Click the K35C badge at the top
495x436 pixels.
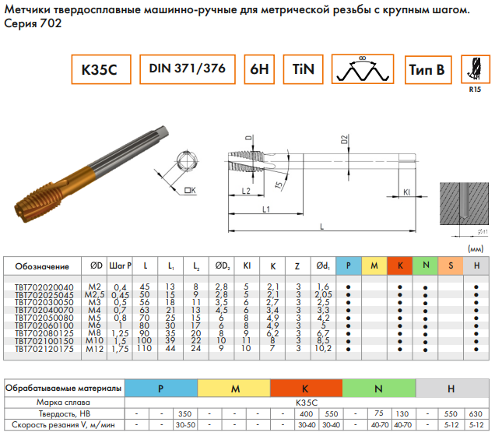[99, 70]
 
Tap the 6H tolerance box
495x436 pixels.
[260, 70]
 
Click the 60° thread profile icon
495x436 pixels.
[363, 69]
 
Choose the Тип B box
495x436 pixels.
[427, 70]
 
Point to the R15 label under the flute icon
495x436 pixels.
[474, 90]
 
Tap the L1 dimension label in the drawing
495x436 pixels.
[265, 210]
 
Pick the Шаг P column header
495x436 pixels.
[120, 266]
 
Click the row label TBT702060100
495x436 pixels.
[44, 325]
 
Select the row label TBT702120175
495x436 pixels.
[44, 350]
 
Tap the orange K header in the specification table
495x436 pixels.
[399, 266]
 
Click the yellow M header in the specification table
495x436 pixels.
[374, 266]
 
